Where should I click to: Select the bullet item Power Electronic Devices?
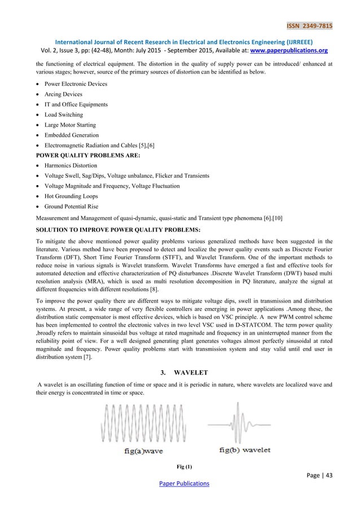click(75, 84)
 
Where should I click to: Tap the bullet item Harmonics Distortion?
click(72, 166)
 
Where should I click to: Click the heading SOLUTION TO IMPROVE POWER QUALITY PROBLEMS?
click(109, 229)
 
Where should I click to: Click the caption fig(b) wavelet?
click(244, 450)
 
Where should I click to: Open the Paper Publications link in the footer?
click(179, 484)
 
